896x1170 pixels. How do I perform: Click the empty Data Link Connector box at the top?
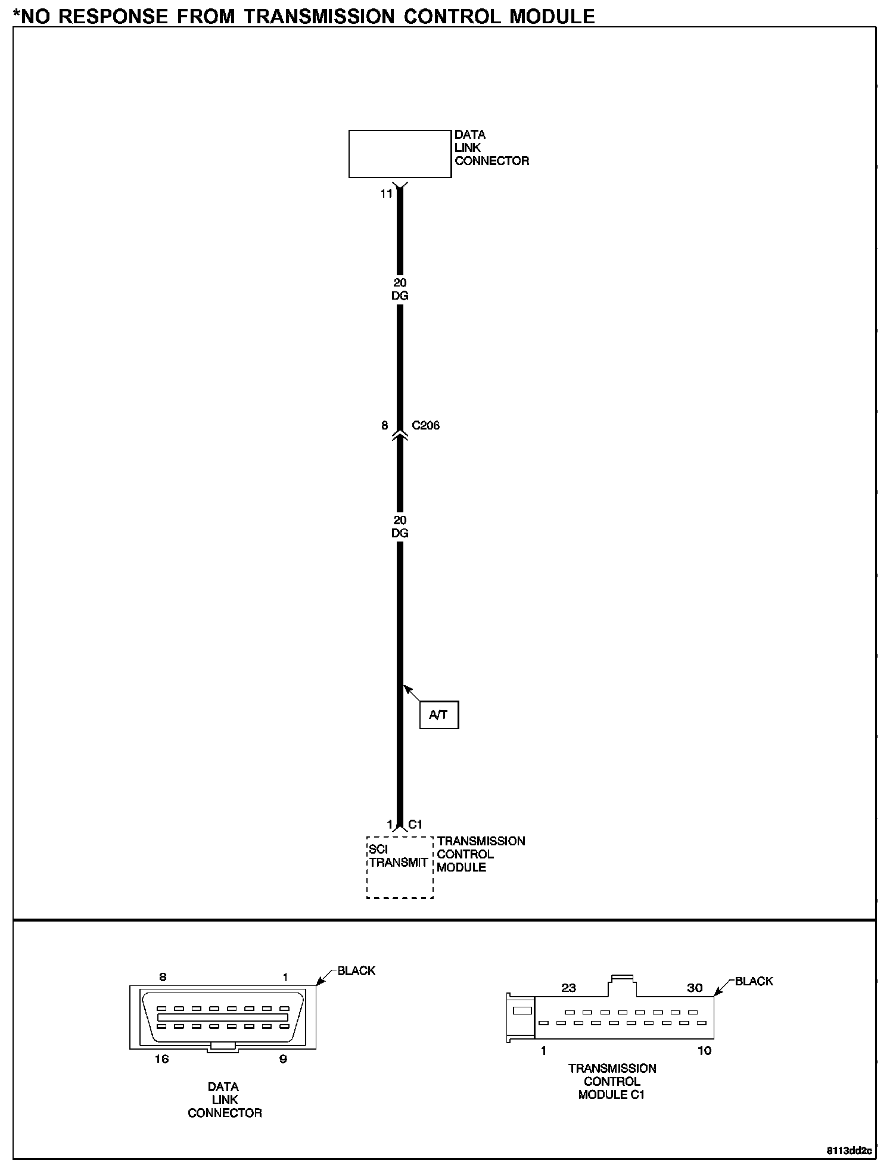pos(400,154)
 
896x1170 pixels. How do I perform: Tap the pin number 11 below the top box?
pos(387,194)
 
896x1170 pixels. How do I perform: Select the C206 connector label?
pos(426,425)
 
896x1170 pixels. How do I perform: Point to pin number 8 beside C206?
pos(385,425)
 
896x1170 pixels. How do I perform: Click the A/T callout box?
pos(439,715)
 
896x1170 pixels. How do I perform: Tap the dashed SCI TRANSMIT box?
pos(399,867)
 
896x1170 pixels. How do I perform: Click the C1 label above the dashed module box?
pos(415,824)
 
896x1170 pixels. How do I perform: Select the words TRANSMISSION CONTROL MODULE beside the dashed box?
pos(480,854)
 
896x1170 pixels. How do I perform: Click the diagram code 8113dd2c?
pos(849,1150)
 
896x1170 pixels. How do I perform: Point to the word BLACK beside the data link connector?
pos(356,970)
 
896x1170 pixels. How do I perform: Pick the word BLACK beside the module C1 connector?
pos(754,981)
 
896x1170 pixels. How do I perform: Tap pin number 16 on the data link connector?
pos(161,1059)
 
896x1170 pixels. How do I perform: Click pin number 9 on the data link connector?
pos(284,1059)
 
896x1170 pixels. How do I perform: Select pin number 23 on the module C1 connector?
pos(569,988)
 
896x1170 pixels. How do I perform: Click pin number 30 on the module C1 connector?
pos(695,988)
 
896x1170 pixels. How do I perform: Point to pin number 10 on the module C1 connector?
pos(704,1050)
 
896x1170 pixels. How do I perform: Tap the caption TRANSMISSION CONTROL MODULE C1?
pos(612,1081)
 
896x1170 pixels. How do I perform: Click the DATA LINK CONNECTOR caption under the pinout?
pos(225,1099)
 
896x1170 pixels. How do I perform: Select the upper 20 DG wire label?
pos(400,289)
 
